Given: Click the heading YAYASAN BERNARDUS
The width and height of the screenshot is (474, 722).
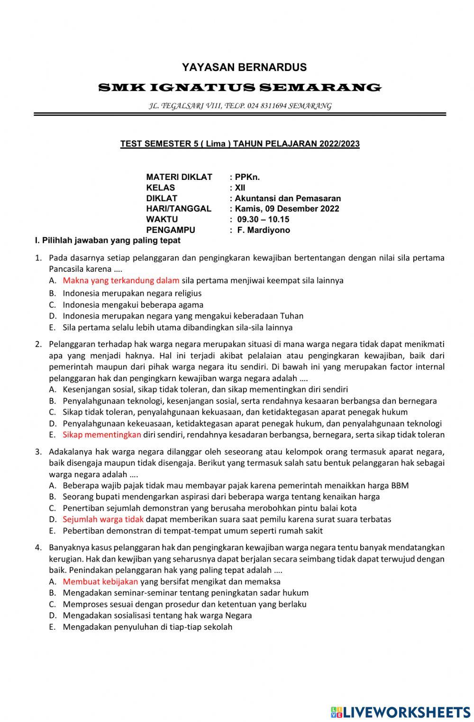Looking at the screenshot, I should pos(244,67).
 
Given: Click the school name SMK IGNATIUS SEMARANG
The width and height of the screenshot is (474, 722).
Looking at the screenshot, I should pos(239,88).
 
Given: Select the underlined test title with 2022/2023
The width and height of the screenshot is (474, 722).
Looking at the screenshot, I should pos(240,144).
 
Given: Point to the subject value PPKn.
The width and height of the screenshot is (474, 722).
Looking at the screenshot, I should pos(247,177).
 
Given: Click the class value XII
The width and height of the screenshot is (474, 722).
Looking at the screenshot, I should pos(240,187).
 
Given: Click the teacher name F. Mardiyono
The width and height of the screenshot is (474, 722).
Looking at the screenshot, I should pos(264,230).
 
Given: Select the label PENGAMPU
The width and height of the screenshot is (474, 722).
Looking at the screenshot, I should pos(171,230).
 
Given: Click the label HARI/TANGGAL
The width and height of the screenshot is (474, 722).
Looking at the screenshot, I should pos(179,209).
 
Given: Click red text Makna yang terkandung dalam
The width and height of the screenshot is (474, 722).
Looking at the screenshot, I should pos(121,280).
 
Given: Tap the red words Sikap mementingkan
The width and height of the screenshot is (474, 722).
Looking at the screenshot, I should pos(102,435).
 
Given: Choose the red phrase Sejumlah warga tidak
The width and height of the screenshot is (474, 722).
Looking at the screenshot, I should pos(103,519).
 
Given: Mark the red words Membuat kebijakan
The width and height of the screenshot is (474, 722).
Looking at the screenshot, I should pos(100,581).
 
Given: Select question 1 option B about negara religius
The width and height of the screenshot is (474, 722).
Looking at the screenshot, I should pos(132,293).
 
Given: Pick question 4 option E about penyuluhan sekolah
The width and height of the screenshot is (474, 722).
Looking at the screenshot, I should pos(147,627).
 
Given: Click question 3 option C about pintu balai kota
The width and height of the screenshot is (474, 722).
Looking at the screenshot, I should pos(210,508).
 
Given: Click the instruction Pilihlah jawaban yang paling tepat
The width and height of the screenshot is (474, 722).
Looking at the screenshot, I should pos(108,241).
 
